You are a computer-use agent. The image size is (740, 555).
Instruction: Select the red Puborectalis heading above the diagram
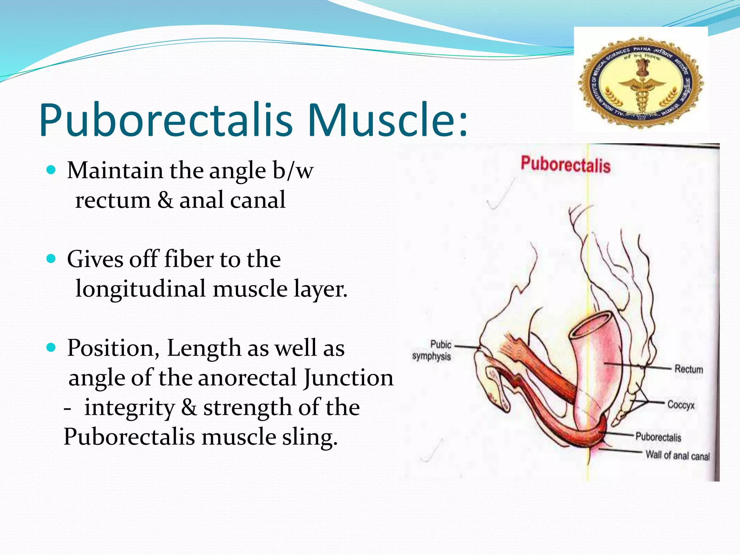565,165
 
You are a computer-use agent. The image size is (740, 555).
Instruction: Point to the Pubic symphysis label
432,350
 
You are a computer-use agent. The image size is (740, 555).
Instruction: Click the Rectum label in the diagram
689,369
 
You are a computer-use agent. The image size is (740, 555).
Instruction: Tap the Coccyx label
681,404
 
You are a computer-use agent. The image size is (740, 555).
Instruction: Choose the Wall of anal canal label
677,455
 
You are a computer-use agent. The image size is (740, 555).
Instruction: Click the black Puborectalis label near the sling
658,437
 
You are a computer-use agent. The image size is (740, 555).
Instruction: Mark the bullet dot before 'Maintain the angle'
51,170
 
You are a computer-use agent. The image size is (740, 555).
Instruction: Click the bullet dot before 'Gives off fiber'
51,259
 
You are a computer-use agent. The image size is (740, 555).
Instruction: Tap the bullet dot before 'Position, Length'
51,348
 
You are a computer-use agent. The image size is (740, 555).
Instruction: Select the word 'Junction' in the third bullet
348,378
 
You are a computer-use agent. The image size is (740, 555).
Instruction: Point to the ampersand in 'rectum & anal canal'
165,200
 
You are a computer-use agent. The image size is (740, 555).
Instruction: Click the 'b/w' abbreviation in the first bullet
293,170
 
